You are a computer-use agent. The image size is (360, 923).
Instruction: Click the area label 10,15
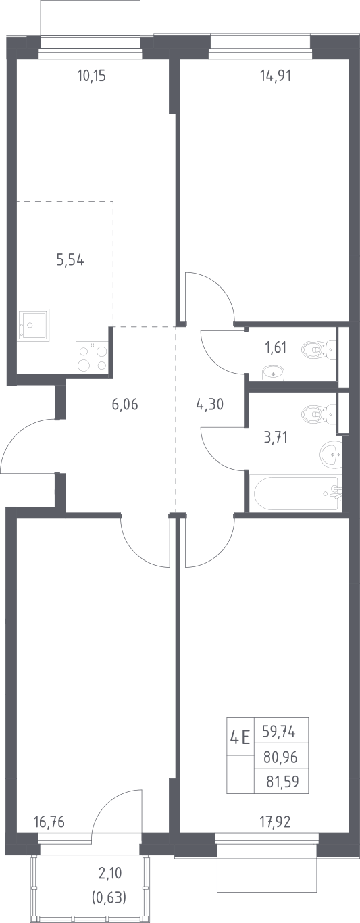click(91, 76)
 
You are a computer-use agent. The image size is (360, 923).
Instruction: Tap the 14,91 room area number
click(276, 76)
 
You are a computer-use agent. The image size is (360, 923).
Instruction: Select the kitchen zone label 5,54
click(70, 260)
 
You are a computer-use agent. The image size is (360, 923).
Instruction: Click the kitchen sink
click(32, 324)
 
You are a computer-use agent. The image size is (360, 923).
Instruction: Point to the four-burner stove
click(91, 357)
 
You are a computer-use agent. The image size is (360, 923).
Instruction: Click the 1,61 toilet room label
click(275, 347)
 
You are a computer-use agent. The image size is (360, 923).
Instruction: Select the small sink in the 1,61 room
click(274, 373)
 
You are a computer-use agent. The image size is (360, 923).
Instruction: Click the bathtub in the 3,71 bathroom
click(296, 494)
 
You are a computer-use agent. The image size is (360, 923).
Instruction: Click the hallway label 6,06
click(125, 404)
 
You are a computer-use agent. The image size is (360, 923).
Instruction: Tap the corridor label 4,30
click(210, 404)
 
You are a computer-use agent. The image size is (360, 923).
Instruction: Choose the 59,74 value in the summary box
click(279, 731)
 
